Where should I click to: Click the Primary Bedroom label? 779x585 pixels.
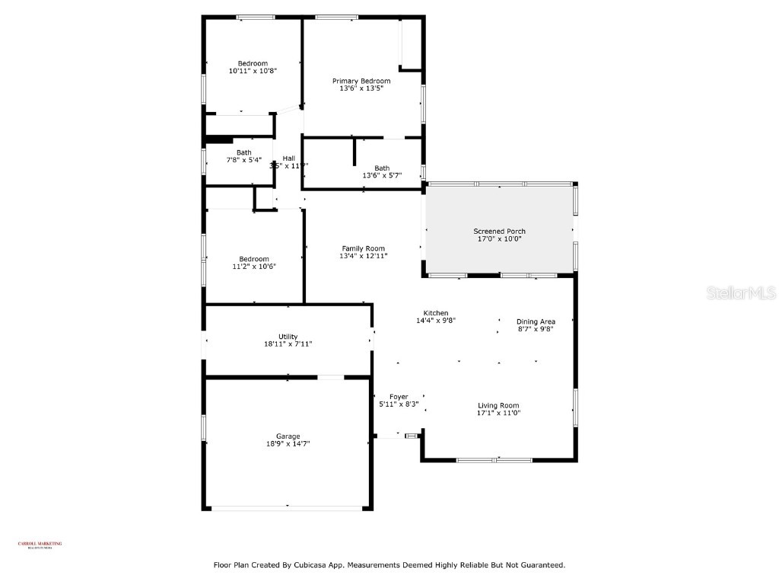pyautogui.click(x=361, y=81)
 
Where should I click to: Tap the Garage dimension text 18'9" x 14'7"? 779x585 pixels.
pyautogui.click(x=288, y=443)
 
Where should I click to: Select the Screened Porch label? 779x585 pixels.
pyautogui.click(x=499, y=232)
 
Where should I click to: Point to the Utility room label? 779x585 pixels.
pyautogui.click(x=288, y=336)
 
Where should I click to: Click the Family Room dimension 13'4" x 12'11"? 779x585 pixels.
pyautogui.click(x=363, y=256)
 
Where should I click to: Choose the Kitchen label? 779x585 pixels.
pyautogui.click(x=436, y=313)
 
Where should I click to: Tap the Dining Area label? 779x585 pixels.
pyautogui.click(x=536, y=321)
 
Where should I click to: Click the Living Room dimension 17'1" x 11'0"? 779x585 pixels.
pyautogui.click(x=498, y=413)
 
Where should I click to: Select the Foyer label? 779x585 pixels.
pyautogui.click(x=399, y=396)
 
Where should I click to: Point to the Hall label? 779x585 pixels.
pyautogui.click(x=289, y=158)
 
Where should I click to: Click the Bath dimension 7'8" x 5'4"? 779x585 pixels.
pyautogui.click(x=243, y=160)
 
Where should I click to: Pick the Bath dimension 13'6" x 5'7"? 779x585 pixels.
pyautogui.click(x=382, y=176)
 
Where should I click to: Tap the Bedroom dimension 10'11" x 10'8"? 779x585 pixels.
pyautogui.click(x=253, y=71)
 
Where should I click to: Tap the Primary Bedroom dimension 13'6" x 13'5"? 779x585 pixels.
pyautogui.click(x=361, y=88)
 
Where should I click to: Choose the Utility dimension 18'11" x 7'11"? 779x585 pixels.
pyautogui.click(x=288, y=344)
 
